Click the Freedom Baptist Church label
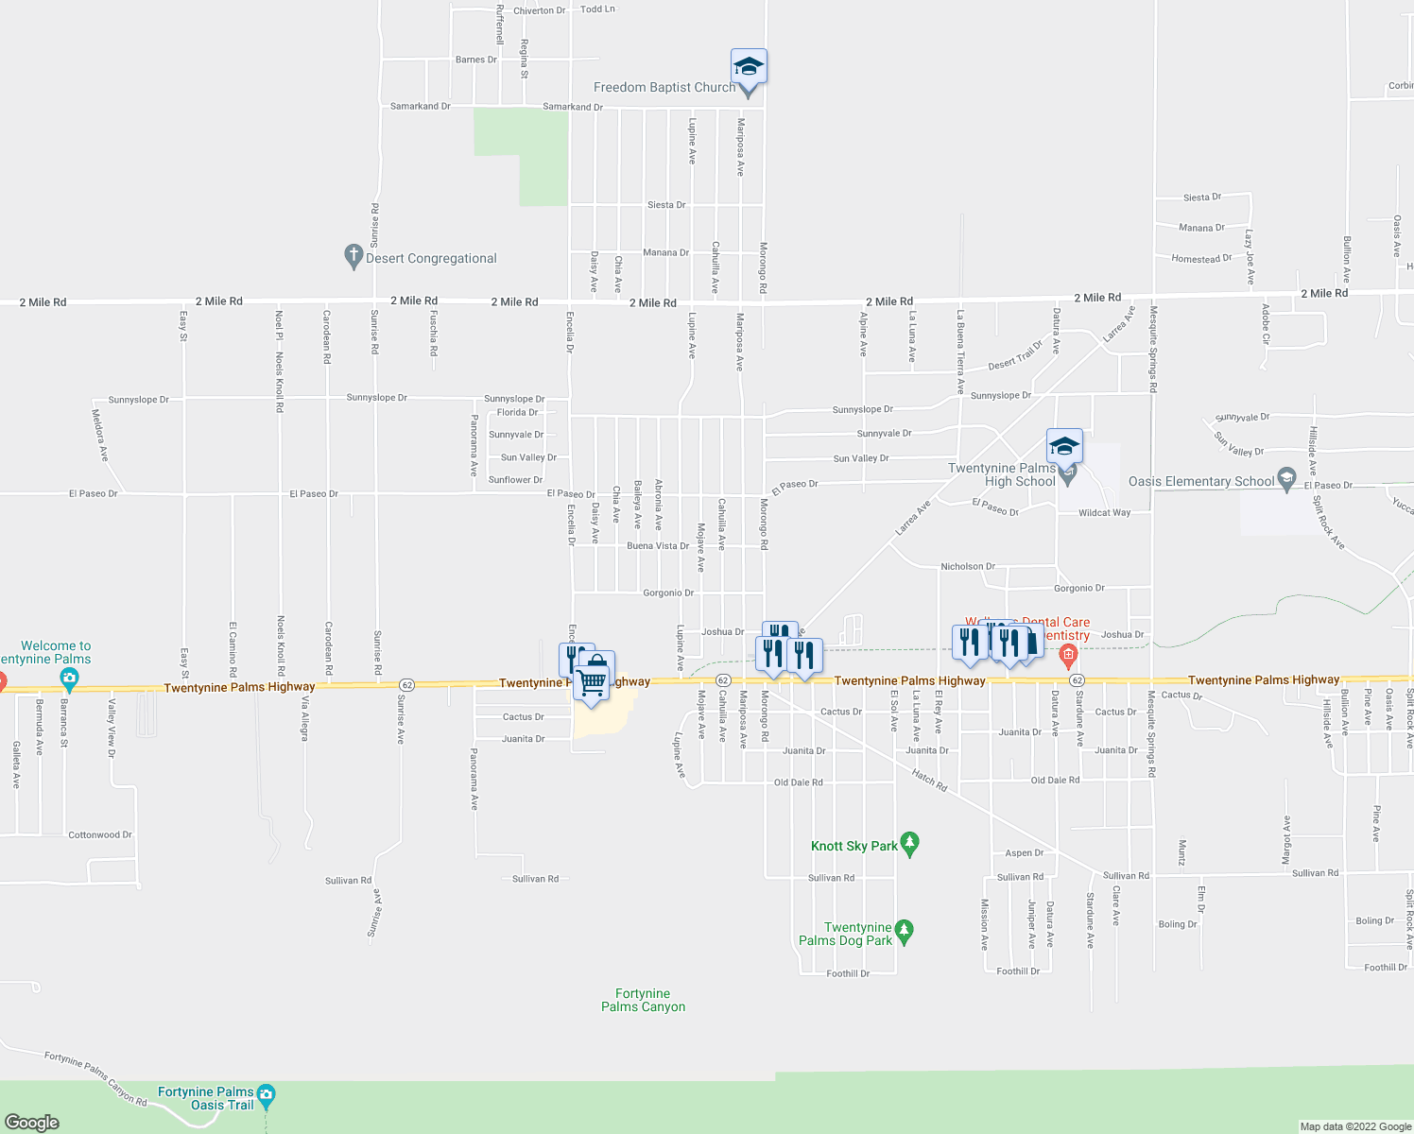pyautogui.click(x=664, y=88)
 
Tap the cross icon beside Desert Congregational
pyautogui.click(x=353, y=256)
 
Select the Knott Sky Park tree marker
pyautogui.click(x=910, y=844)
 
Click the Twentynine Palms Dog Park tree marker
pyautogui.click(x=905, y=932)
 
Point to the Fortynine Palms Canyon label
pyautogui.click(x=643, y=1000)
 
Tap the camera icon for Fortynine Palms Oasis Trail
pyautogui.click(x=267, y=1095)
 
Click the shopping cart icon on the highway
pyautogui.click(x=593, y=680)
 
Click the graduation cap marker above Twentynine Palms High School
pyautogui.click(x=1064, y=445)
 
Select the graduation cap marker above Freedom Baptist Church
pyautogui.click(x=749, y=66)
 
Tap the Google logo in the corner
pyautogui.click(x=32, y=1122)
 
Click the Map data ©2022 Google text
pyautogui.click(x=1355, y=1126)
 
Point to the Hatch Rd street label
pyautogui.click(x=929, y=779)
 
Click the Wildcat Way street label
pyautogui.click(x=1104, y=513)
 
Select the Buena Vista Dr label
pyautogui.click(x=658, y=546)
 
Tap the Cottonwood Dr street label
pyautogui.click(x=100, y=835)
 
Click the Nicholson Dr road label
pyautogui.click(x=968, y=567)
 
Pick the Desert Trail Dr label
pyautogui.click(x=1015, y=356)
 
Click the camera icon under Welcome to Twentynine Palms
pyautogui.click(x=69, y=679)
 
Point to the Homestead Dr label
pyautogui.click(x=1201, y=259)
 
